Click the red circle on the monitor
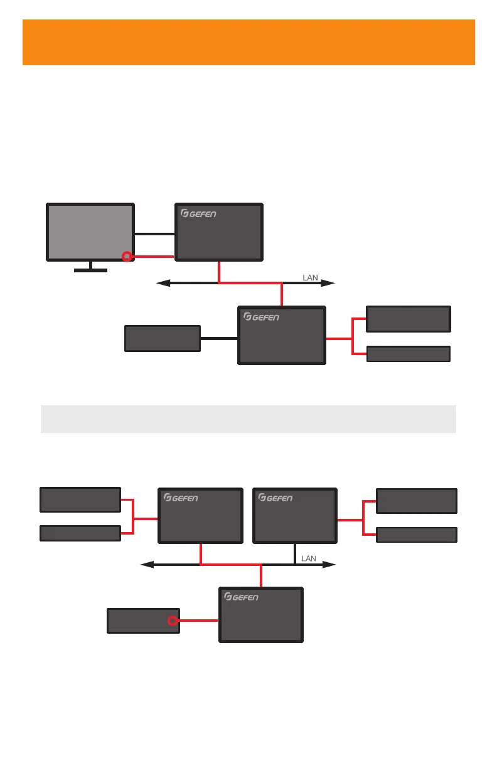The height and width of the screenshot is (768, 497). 126,256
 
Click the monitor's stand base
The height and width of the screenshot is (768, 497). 90,271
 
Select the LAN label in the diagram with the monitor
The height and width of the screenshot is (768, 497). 311,277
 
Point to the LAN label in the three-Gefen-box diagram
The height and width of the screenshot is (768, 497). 309,558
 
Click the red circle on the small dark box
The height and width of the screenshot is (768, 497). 172,621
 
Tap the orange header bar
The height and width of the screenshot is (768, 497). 248,42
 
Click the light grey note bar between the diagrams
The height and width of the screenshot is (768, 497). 248,419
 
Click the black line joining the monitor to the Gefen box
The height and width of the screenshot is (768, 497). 154,234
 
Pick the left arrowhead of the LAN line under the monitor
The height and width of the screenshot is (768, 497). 163,284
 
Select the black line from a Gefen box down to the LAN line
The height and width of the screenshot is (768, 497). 295,553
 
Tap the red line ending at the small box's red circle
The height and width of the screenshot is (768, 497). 198,621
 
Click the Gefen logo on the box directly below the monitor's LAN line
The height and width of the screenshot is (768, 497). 261,317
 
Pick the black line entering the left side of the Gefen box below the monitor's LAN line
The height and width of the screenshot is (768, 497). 219,339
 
